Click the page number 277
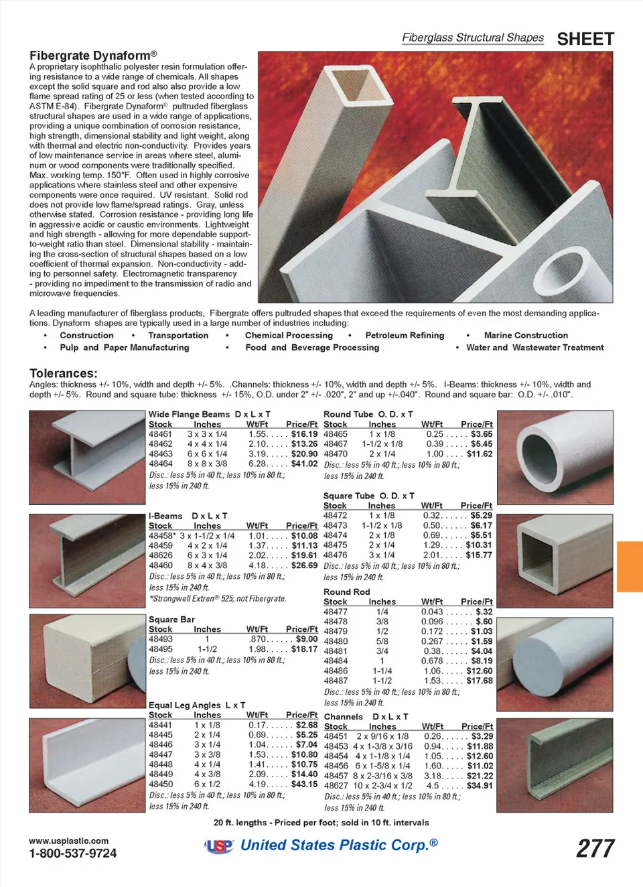pyautogui.click(x=595, y=848)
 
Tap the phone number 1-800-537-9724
pyautogui.click(x=72, y=854)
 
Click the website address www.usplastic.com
pyautogui.click(x=68, y=841)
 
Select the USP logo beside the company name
pyautogui.click(x=219, y=846)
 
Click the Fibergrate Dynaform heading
pyautogui.click(x=93, y=55)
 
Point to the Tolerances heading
pyautogui.click(x=63, y=373)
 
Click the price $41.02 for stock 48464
pyautogui.click(x=304, y=464)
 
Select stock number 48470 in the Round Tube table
pyautogui.click(x=336, y=454)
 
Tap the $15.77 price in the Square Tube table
pyautogui.click(x=479, y=555)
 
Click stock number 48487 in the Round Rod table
pyautogui.click(x=336, y=681)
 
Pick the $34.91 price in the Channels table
pyautogui.click(x=480, y=786)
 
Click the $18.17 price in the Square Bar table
pyautogui.click(x=304, y=649)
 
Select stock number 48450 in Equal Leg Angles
pyautogui.click(x=161, y=784)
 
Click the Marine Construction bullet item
pyautogui.click(x=526, y=336)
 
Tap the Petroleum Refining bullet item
pyautogui.click(x=405, y=336)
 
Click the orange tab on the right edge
pyautogui.click(x=630, y=566)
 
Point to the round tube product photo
pyautogui.click(x=555, y=448)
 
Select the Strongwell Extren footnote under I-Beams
pyautogui.click(x=218, y=598)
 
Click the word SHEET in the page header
pyautogui.click(x=585, y=39)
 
